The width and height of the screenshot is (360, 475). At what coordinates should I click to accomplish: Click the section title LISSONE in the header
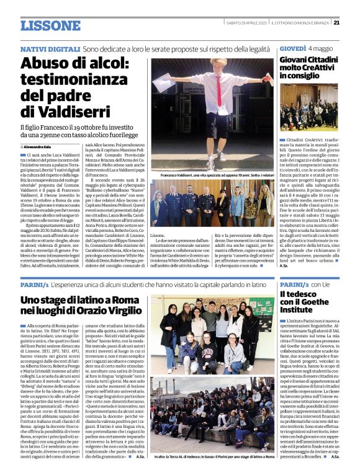(50, 25)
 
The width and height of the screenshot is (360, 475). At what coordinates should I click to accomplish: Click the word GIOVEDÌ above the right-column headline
(292, 48)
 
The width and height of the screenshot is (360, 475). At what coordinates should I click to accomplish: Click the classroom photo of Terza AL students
(210, 335)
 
